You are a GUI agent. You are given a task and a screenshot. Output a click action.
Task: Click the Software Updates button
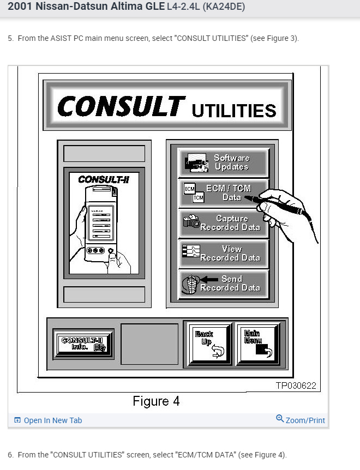[x=224, y=162]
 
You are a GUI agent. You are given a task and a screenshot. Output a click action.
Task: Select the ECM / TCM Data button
[x=224, y=192]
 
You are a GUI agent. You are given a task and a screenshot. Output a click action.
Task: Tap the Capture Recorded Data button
[x=224, y=223]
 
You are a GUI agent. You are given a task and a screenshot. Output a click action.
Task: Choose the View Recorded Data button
[x=224, y=253]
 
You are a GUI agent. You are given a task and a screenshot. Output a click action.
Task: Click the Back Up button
[x=209, y=345]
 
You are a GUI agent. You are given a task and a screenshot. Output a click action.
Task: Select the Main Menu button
[x=257, y=345]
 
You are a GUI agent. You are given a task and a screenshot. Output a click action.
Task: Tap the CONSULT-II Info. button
[x=83, y=344]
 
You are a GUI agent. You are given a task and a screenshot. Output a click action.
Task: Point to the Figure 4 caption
[x=156, y=402]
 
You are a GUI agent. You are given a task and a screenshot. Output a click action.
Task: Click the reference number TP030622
[x=296, y=385]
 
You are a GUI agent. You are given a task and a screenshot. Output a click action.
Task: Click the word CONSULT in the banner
[x=121, y=106]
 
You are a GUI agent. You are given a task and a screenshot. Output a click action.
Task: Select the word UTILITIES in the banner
[x=234, y=111]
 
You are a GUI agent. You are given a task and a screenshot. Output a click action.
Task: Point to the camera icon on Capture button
[x=190, y=221]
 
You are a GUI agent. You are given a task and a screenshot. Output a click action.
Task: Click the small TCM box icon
[x=198, y=198]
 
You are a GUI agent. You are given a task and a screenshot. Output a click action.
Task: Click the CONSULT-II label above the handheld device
[x=104, y=179]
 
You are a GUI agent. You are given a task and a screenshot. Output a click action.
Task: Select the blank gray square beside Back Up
[x=149, y=344]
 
